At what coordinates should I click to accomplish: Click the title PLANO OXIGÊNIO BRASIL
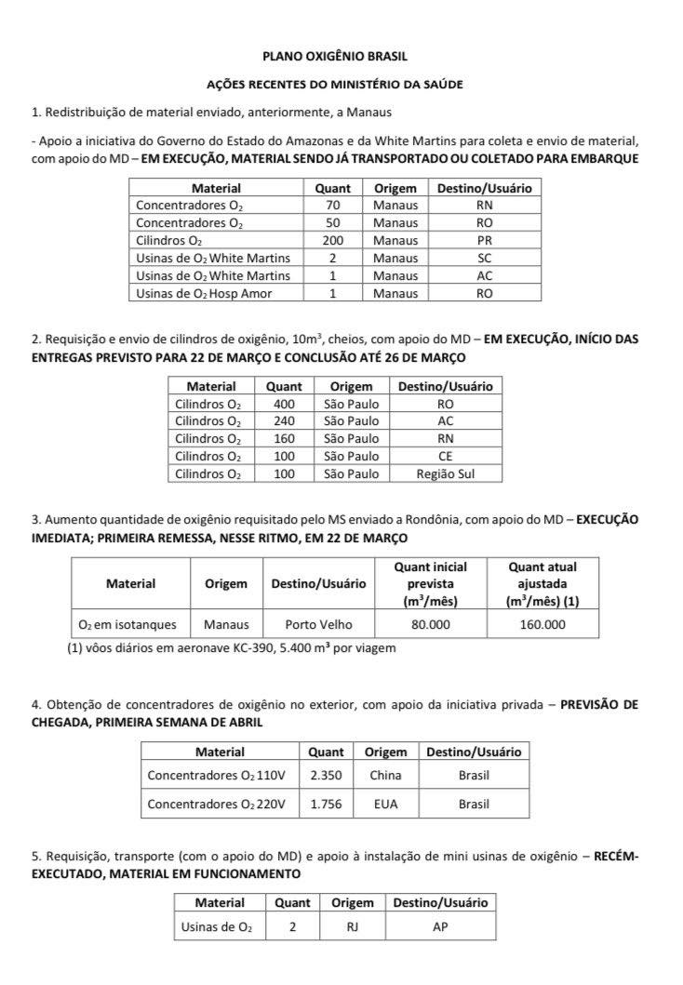(x=341, y=56)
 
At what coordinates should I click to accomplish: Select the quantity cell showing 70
(x=332, y=205)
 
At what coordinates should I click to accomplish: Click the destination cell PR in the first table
(x=484, y=240)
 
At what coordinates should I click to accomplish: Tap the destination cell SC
(x=484, y=258)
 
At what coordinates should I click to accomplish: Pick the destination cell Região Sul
(x=445, y=473)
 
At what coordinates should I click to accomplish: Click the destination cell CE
(x=445, y=456)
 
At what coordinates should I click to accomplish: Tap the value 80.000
(x=430, y=624)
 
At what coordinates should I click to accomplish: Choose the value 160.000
(x=542, y=624)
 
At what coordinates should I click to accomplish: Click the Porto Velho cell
(x=318, y=624)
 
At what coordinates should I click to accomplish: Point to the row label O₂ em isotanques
(x=130, y=624)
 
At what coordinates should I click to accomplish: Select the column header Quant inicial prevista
(x=430, y=583)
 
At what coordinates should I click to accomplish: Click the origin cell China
(x=385, y=775)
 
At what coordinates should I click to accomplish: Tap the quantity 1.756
(x=326, y=805)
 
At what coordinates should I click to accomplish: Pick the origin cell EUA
(x=385, y=805)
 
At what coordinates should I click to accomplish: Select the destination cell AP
(x=440, y=926)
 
